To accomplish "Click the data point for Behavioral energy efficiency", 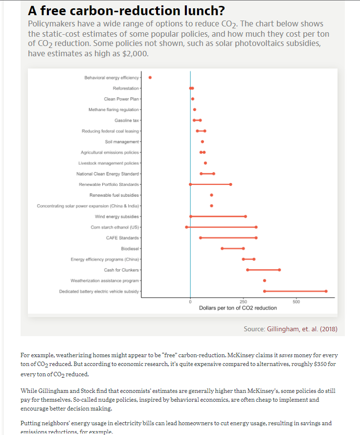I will point(150,77).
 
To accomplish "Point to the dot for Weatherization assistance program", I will point(265,280).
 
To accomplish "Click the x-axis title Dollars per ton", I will point(238,308).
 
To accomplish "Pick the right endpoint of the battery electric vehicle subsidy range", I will point(326,291).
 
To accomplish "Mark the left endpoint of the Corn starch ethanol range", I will point(186,227).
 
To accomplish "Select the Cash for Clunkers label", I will point(122,270).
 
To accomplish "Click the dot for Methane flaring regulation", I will point(195,110).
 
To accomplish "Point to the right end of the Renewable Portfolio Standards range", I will point(231,184).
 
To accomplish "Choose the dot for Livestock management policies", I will point(205,163).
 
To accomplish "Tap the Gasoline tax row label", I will point(127,120).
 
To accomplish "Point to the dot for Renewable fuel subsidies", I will point(211,195).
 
